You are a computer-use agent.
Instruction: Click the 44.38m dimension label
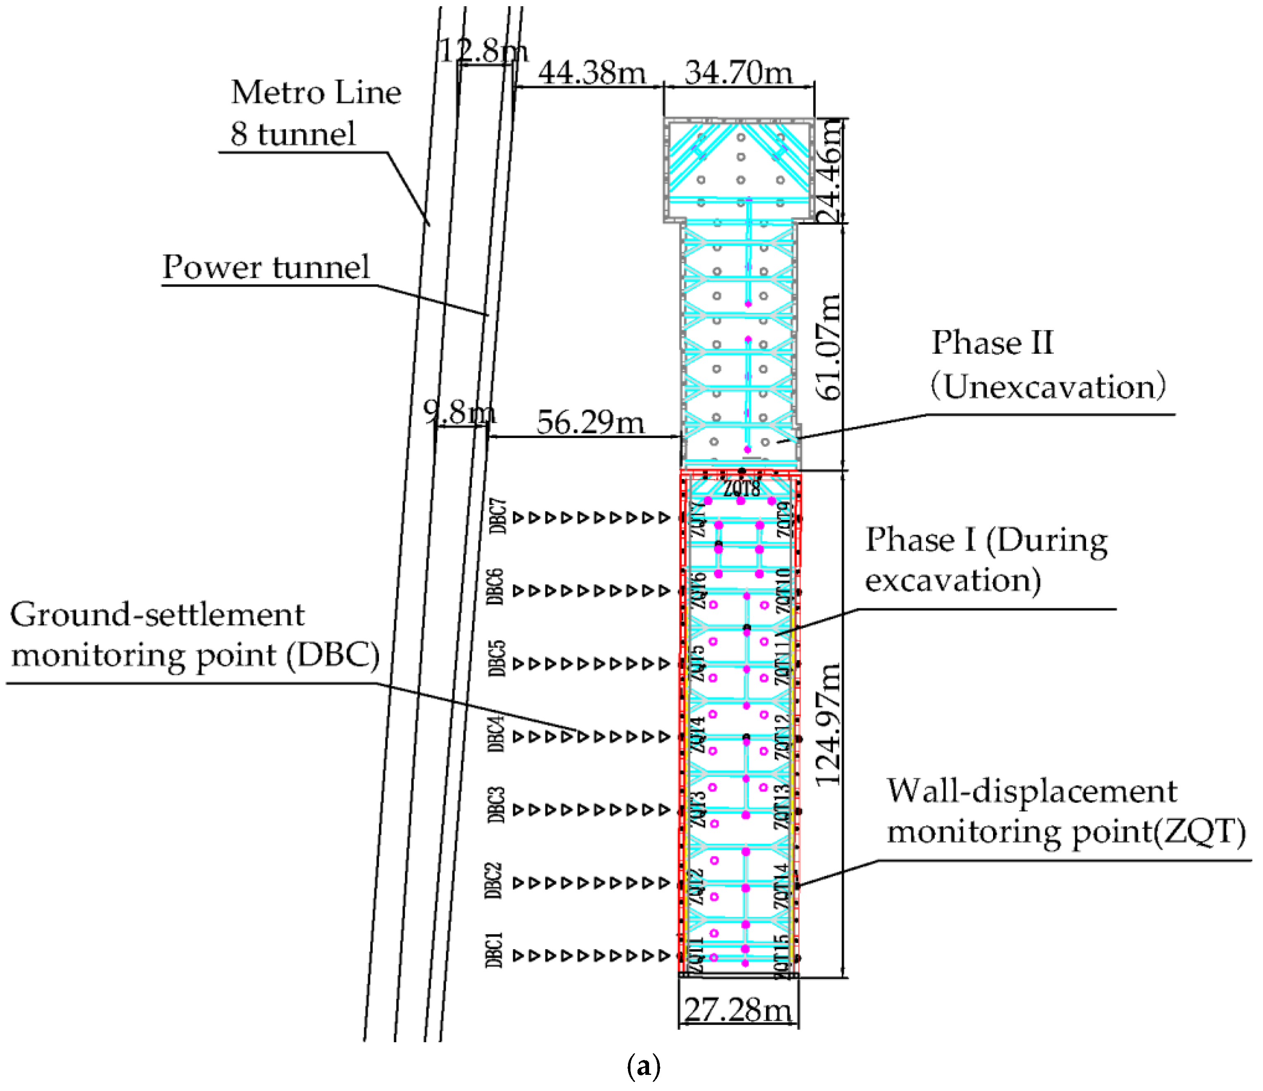[591, 73]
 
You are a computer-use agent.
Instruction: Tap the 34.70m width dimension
[738, 73]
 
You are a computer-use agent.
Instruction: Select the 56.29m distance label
[590, 422]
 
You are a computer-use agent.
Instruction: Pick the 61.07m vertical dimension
[829, 347]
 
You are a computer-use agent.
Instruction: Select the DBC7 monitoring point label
[499, 517]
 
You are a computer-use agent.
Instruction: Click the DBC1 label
[494, 950]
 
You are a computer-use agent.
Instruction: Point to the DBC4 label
[496, 735]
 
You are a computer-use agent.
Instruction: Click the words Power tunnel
[266, 267]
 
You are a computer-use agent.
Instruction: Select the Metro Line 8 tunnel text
[315, 113]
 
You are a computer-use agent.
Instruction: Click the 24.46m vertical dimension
[830, 171]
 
